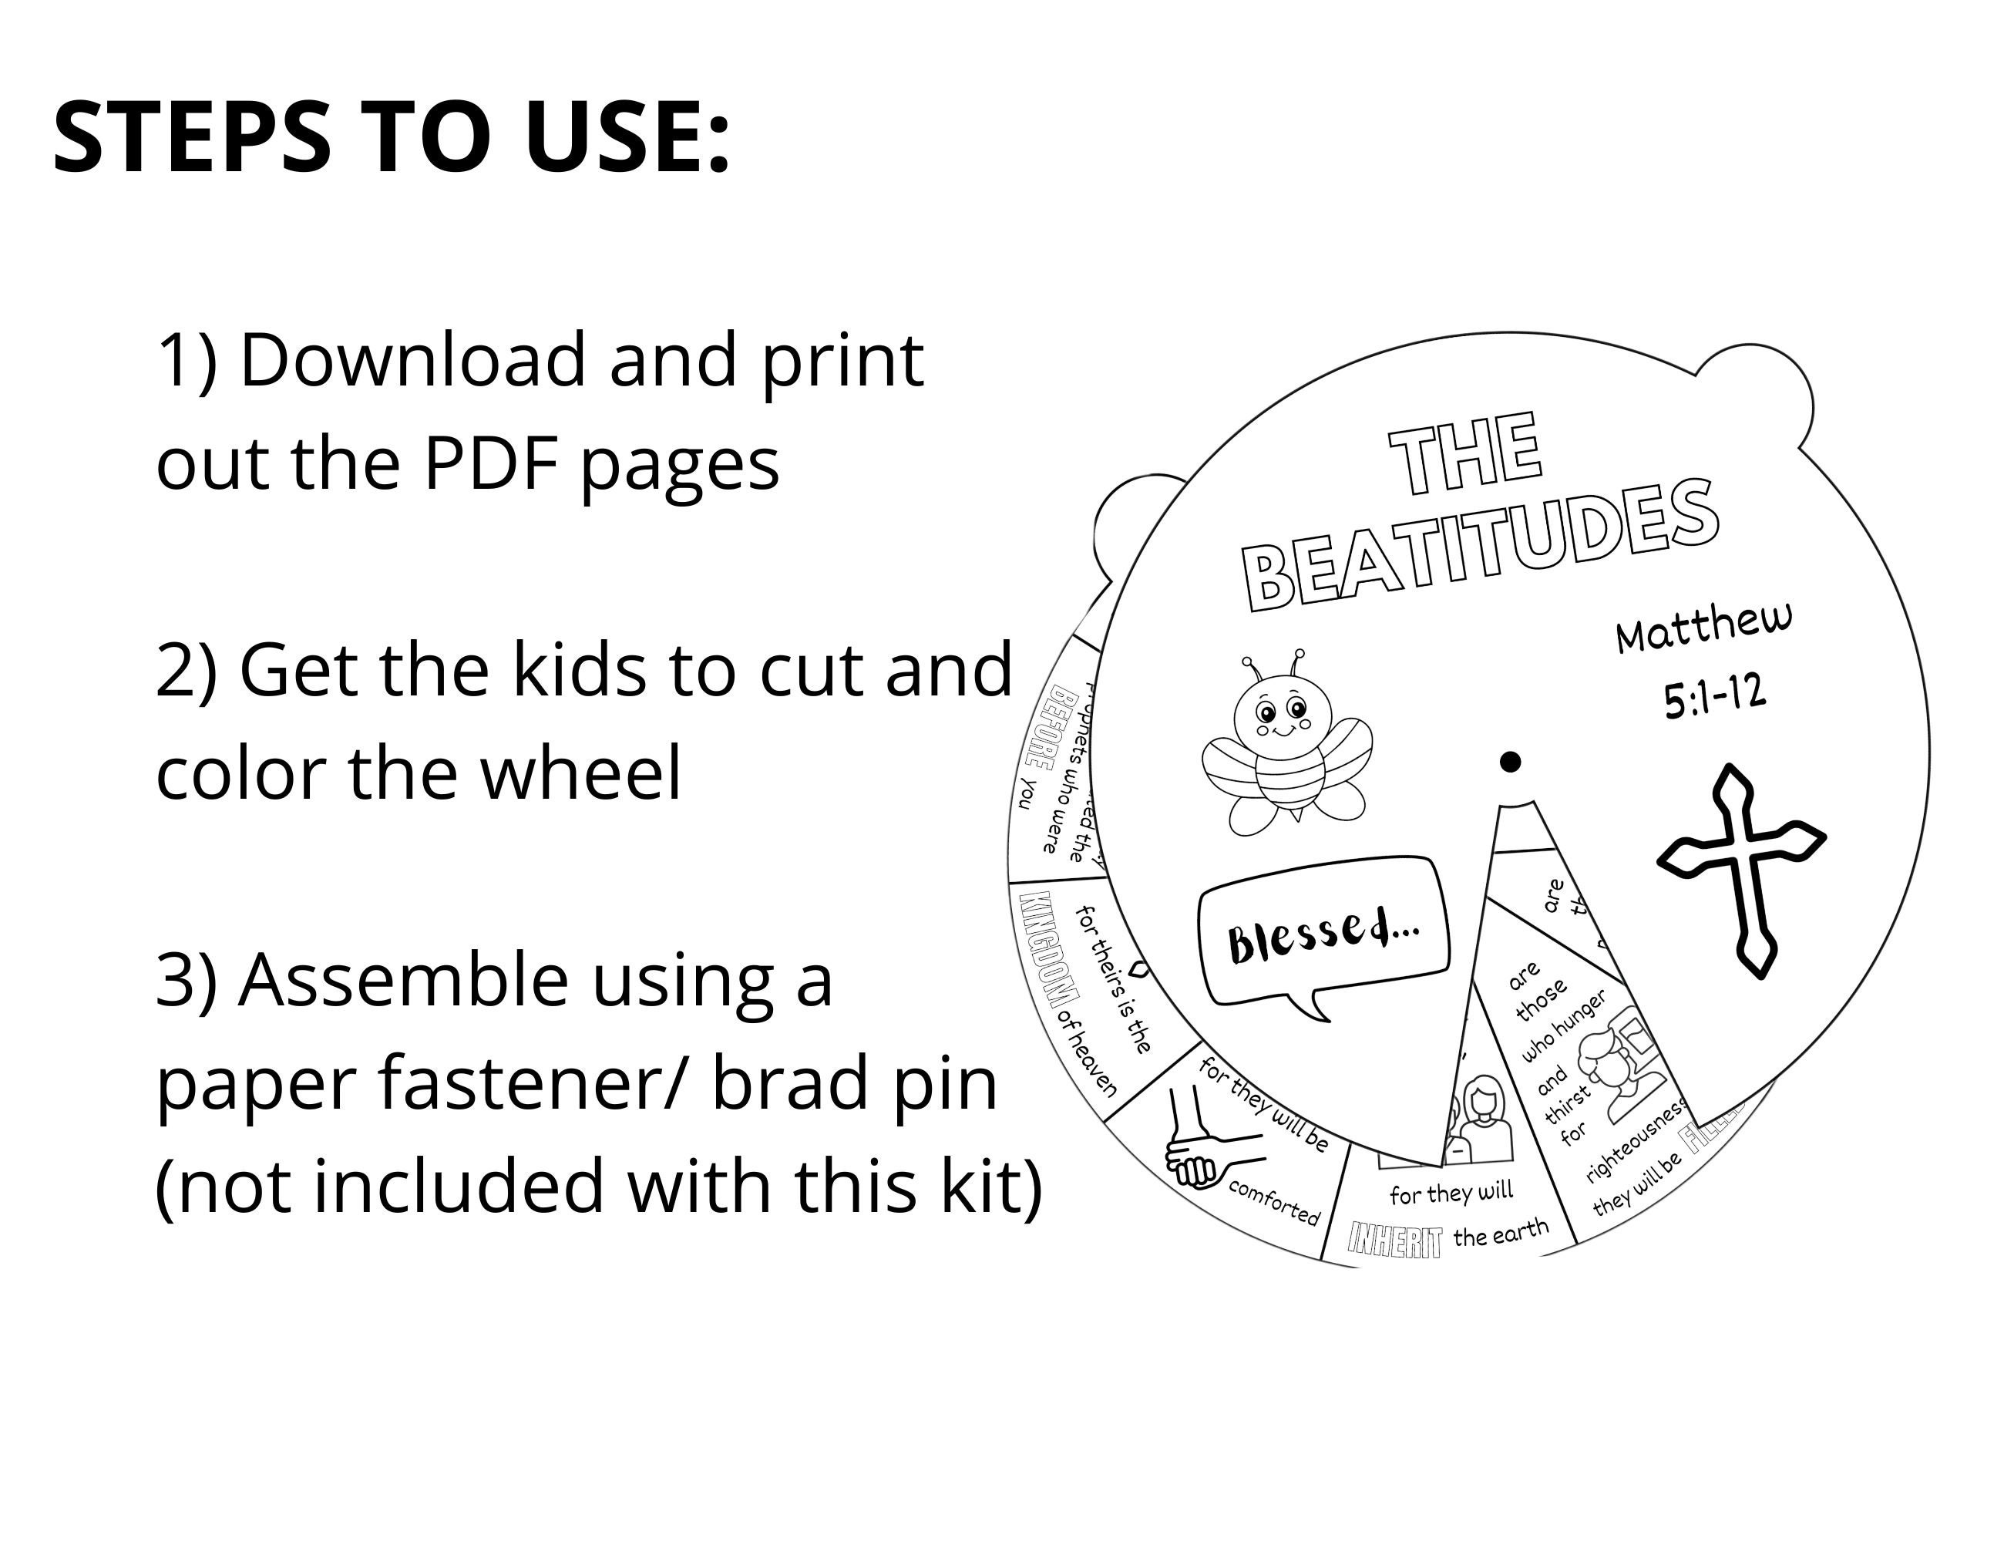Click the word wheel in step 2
tap(581, 773)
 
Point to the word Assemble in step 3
tap(402, 980)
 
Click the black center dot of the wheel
tap(1509, 762)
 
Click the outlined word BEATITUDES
tap(1479, 546)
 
